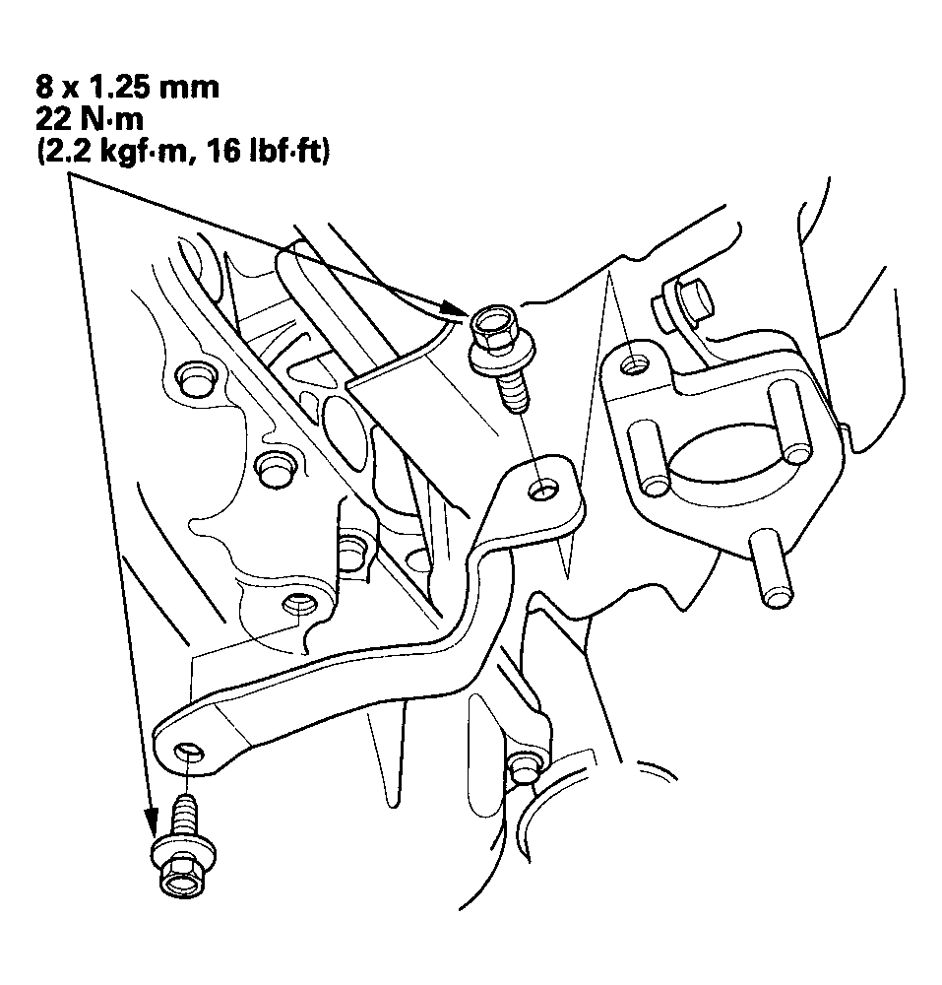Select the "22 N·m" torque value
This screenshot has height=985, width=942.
coord(90,119)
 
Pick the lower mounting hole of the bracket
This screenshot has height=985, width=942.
coord(188,752)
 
